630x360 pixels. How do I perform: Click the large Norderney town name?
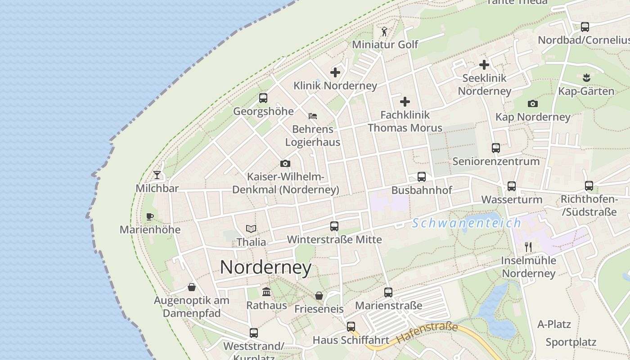(265, 268)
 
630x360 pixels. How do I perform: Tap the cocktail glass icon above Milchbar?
(157, 175)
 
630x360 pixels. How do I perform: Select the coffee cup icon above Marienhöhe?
(150, 216)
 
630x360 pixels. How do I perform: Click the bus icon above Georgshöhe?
(263, 98)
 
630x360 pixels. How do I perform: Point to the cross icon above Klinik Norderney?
(335, 72)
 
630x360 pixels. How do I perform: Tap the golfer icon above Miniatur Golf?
(384, 31)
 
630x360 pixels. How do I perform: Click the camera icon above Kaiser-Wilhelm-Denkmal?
(285, 163)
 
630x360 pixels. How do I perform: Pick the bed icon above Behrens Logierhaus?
(313, 116)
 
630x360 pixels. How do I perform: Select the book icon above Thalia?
(251, 229)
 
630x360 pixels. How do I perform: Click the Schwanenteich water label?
(467, 223)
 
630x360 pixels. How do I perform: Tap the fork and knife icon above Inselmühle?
(528, 247)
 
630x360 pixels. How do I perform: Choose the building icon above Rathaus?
(266, 292)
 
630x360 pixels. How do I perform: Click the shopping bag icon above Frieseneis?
(319, 296)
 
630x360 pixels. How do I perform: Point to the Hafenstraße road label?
(427, 333)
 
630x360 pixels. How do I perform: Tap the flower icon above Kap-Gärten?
(586, 78)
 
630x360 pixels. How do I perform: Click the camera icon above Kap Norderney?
(533, 104)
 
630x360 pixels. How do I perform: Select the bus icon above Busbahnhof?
(422, 177)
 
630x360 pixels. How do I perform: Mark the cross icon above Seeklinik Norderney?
(484, 65)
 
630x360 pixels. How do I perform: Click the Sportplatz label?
(571, 342)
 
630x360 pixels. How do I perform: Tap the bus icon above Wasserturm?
(512, 186)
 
